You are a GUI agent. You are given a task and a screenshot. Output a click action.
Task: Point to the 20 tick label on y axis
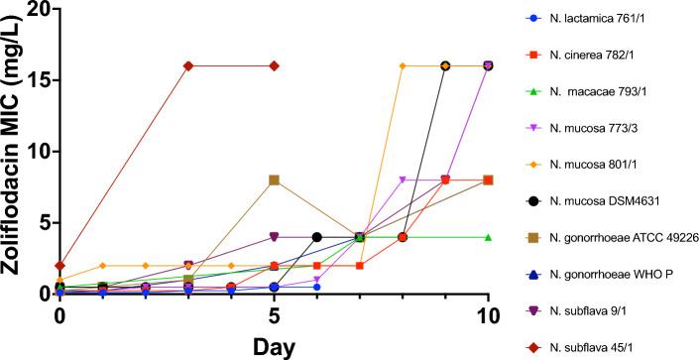point(37,9)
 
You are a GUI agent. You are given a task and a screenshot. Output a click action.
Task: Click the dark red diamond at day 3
point(188,65)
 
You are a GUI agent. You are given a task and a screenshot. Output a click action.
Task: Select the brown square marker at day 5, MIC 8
point(274,180)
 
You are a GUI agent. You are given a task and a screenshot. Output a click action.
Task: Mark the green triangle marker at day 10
point(488,237)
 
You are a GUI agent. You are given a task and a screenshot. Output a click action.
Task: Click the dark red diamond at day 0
point(60,266)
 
